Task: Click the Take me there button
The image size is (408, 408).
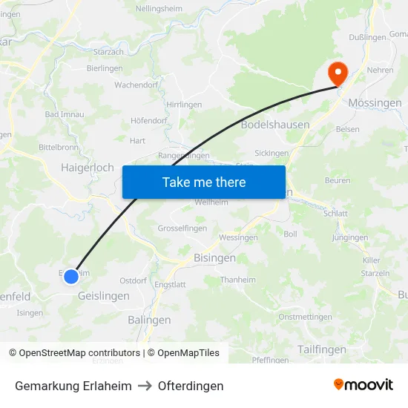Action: click(204, 182)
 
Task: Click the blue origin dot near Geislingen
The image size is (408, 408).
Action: click(71, 277)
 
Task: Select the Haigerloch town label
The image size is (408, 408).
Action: click(87, 168)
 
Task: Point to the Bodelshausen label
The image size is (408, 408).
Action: click(275, 125)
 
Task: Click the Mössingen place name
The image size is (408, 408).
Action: click(375, 103)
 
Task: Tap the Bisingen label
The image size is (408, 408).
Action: click(214, 258)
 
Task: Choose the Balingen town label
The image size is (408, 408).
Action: click(149, 320)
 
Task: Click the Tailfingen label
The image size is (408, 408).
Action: click(321, 349)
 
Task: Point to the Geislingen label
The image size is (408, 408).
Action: click(103, 295)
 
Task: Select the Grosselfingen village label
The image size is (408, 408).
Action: click(181, 228)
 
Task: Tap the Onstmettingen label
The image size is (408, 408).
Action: click(305, 317)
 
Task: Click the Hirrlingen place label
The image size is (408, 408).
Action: click(184, 105)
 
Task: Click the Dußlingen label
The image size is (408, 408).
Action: click(368, 37)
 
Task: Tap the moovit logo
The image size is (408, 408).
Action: click(363, 384)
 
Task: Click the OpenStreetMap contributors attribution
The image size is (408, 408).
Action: click(79, 353)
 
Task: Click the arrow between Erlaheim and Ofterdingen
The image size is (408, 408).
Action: click(145, 386)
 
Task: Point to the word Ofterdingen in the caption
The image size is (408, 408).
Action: click(191, 386)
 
